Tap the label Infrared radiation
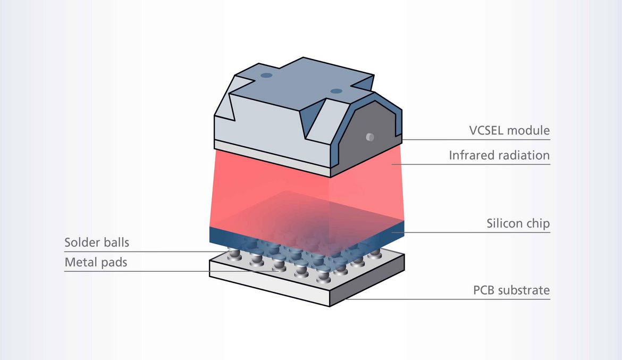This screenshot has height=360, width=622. coord(499,155)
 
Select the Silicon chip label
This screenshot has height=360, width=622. coord(518,224)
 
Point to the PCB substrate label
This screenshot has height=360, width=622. coord(511,290)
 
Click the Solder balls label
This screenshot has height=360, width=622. coord(97,243)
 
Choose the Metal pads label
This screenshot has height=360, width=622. coord(96,262)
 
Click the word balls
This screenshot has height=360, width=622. coord(115,243)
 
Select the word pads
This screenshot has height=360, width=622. coord(114,262)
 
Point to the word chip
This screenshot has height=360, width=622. coord(537,224)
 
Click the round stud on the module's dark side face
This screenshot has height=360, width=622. coord(370,137)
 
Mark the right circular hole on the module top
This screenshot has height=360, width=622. coord(335,91)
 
